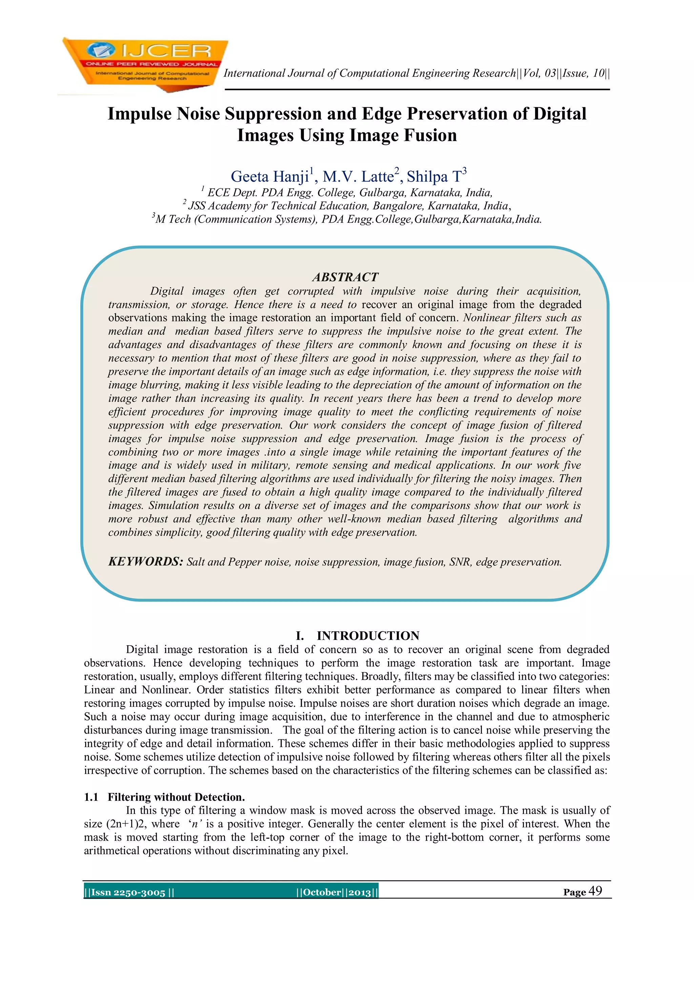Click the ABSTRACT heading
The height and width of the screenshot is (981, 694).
(x=345, y=277)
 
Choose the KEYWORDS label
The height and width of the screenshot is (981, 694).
(x=145, y=561)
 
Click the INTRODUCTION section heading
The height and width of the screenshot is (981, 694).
(x=368, y=636)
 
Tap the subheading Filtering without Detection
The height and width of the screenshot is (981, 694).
(x=176, y=797)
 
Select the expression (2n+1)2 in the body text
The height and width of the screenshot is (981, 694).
(x=125, y=824)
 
